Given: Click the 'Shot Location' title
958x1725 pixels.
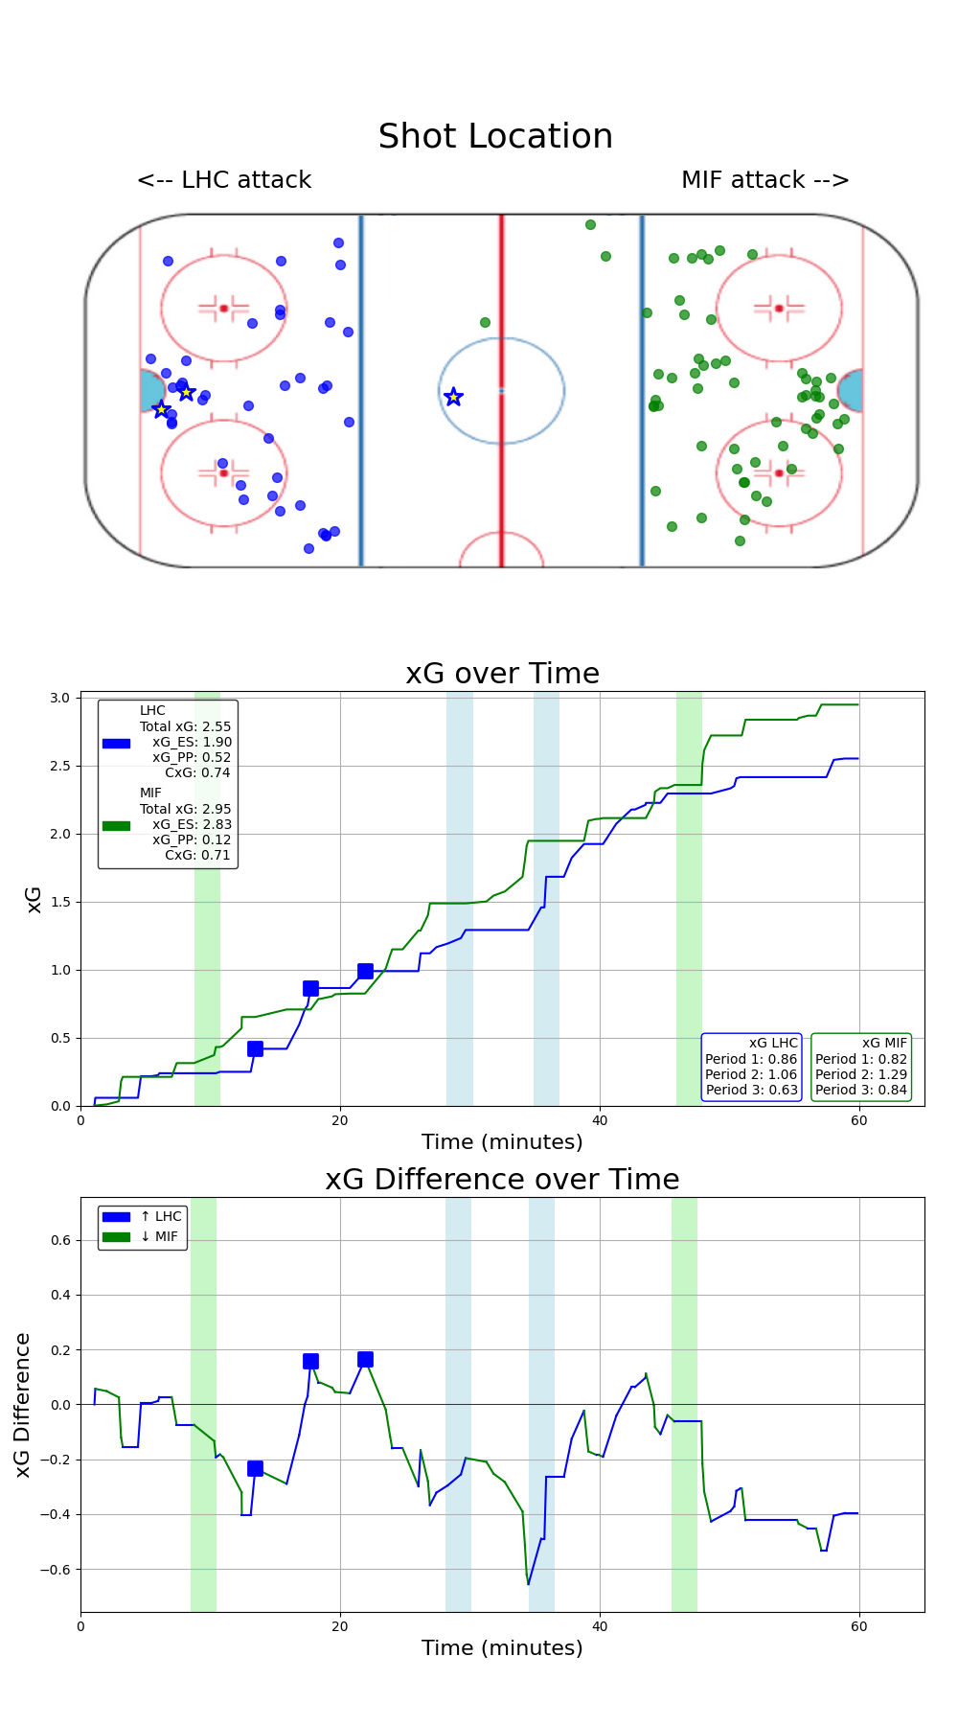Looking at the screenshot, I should pyautogui.click(x=495, y=137).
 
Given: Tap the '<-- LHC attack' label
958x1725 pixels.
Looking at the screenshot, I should pyautogui.click(x=224, y=180).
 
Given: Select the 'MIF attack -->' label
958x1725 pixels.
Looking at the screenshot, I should pyautogui.click(x=764, y=180).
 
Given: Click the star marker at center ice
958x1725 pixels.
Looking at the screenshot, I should pyautogui.click(x=453, y=397).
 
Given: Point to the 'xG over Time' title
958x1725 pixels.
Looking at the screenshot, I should pyautogui.click(x=502, y=674).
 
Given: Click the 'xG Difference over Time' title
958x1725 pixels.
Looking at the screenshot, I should pyautogui.click(x=502, y=1180).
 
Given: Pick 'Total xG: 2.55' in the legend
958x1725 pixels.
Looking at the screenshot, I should pyautogui.click(x=185, y=726).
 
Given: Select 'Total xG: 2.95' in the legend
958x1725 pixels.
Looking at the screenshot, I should pyautogui.click(x=185, y=809).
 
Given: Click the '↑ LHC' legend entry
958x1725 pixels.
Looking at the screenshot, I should pyautogui.click(x=160, y=1216).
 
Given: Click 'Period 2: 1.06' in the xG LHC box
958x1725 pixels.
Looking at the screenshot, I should pyautogui.click(x=751, y=1074).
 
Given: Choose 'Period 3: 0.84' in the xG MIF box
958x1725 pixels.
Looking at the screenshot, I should pyautogui.click(x=860, y=1090).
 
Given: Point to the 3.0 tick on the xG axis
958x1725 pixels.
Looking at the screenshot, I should pyautogui.click(x=59, y=698).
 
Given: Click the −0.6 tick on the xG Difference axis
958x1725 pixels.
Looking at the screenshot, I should pyautogui.click(x=55, y=1570).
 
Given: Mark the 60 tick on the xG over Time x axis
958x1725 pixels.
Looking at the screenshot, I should pyautogui.click(x=859, y=1120).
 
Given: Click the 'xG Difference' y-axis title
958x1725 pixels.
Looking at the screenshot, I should pyautogui.click(x=23, y=1405).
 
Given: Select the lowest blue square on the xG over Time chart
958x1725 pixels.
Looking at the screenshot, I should pyautogui.click(x=255, y=1049).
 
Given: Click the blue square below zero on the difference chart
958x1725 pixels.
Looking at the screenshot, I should pyautogui.click(x=255, y=1469).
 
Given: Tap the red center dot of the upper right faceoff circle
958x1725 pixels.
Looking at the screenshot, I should pyautogui.click(x=779, y=309).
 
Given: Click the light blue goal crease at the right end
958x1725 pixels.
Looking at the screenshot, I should pyautogui.click(x=851, y=391).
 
